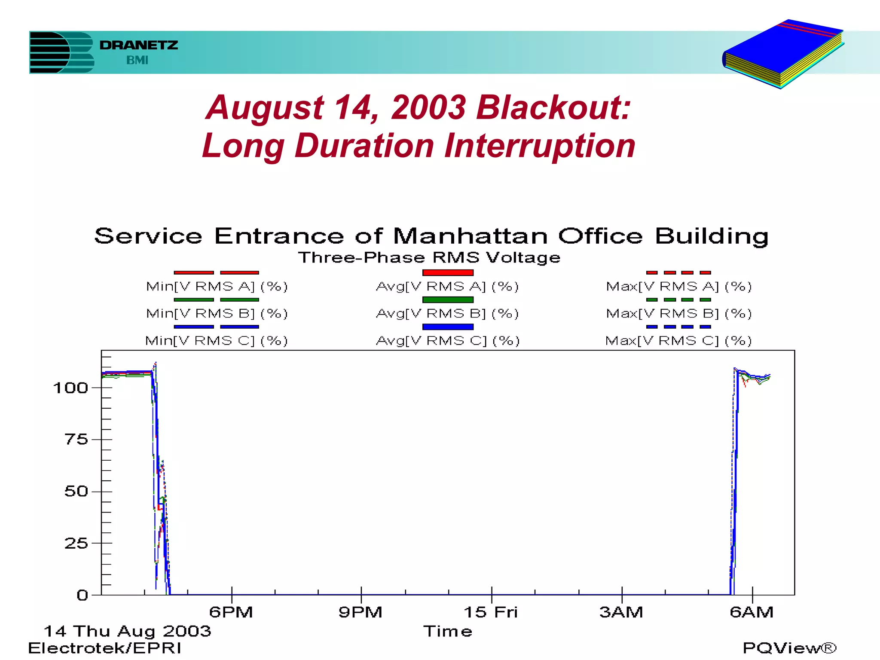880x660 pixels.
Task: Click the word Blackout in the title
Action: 553,107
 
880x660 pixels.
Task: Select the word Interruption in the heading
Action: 540,146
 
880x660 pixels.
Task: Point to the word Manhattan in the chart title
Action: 470,236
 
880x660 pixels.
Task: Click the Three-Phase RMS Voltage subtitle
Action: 429,257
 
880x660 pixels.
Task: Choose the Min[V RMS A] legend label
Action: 217,287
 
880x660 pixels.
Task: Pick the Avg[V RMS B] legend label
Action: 447,314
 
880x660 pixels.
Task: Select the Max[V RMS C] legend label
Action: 678,341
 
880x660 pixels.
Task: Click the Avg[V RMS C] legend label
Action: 448,341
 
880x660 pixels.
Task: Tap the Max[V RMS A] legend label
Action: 679,287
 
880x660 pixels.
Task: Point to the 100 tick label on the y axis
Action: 70,388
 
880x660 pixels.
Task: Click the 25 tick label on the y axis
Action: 76,544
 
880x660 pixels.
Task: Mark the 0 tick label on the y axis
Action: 82,596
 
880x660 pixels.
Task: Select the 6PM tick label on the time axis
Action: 231,612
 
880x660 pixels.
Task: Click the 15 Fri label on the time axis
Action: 491,612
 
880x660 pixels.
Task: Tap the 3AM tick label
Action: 621,612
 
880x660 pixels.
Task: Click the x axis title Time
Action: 448,631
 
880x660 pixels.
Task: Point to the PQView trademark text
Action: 789,648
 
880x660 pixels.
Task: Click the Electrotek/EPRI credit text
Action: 105,648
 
